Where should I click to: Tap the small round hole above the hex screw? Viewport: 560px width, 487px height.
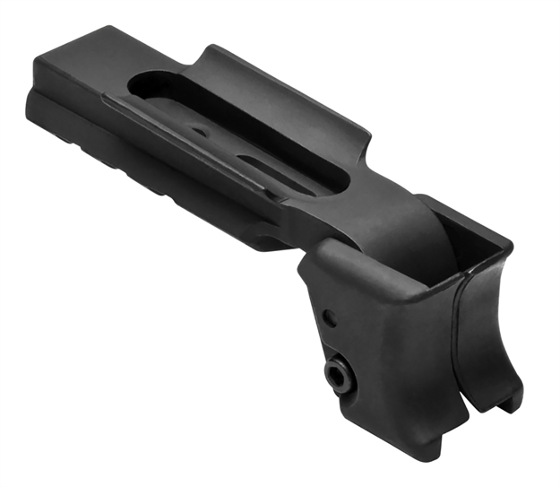point(331,316)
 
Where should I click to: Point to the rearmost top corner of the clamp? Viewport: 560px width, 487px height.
point(511,242)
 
